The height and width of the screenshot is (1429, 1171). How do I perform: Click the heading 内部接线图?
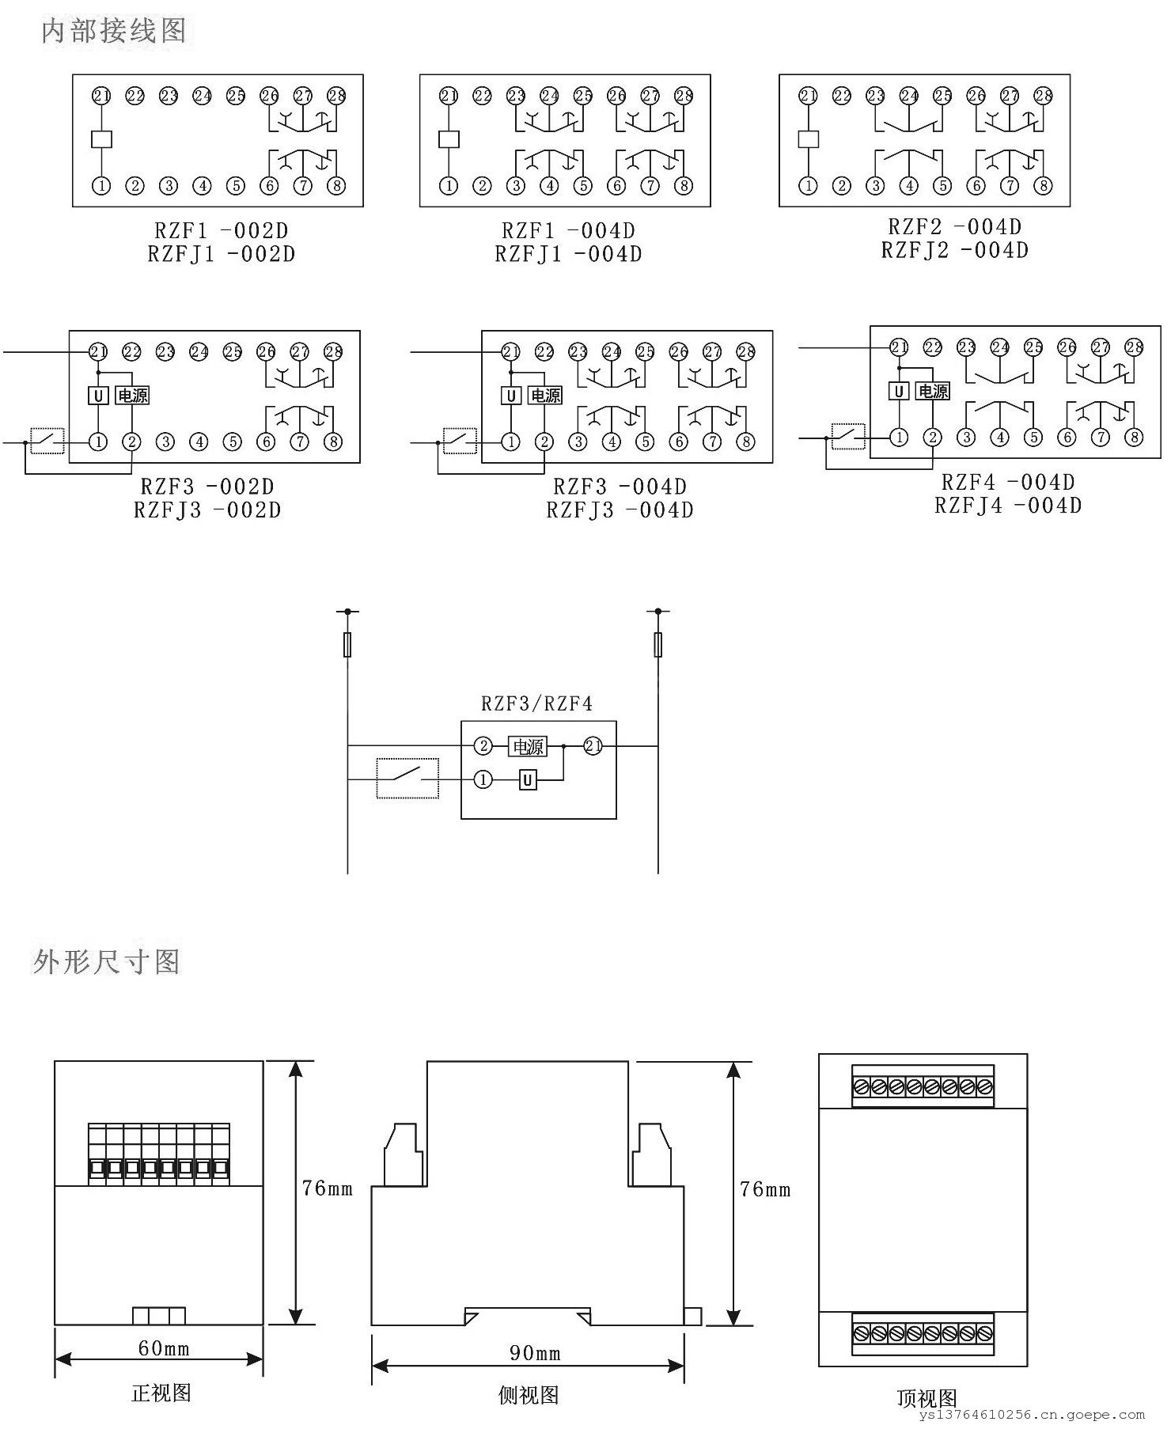[114, 31]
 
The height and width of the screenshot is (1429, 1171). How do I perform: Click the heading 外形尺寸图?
[107, 961]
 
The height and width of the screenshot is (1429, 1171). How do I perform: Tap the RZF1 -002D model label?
[221, 231]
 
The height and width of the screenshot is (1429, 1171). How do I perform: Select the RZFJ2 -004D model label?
[954, 250]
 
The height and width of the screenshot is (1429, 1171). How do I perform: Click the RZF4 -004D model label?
[1007, 482]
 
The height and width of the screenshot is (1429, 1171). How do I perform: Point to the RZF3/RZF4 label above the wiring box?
[536, 703]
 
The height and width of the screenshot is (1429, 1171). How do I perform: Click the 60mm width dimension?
[163, 1348]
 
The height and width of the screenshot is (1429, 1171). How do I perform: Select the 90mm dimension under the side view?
[535, 1353]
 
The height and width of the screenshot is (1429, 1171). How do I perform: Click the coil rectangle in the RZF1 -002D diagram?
[101, 139]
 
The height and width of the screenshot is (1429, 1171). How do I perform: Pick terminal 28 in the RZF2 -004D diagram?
[1044, 96]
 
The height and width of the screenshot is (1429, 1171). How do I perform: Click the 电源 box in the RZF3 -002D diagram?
[132, 395]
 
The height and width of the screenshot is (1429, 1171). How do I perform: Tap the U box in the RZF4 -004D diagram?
[898, 391]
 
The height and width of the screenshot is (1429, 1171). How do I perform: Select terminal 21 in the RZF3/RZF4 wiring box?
[593, 745]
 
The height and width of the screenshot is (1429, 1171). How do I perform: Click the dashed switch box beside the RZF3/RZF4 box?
[407, 779]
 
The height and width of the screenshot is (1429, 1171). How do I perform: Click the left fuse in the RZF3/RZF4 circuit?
[347, 645]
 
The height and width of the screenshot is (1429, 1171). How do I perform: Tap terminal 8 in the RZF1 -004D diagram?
[684, 186]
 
